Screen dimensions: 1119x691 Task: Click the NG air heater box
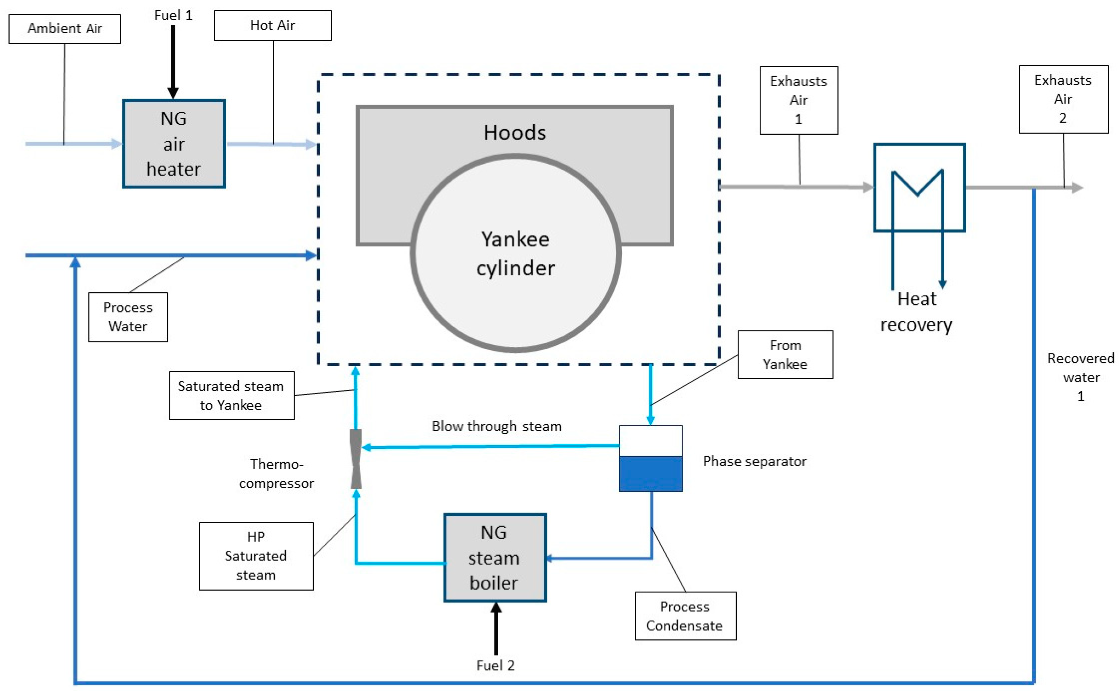174,144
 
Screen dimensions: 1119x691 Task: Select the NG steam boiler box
495,557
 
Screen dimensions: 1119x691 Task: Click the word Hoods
515,133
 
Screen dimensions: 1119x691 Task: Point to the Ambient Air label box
65,29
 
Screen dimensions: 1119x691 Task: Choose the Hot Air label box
273,25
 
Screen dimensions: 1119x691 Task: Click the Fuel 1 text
173,15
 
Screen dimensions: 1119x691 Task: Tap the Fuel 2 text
496,666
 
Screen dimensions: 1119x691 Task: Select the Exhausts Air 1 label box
799,100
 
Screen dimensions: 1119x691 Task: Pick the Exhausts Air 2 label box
1063,99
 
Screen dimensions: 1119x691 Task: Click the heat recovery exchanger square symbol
919,187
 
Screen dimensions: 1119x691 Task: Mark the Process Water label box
128,317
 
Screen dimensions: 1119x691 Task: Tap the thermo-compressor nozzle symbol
355,458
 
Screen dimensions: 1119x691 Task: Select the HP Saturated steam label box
256,556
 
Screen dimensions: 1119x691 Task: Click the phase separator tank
650,458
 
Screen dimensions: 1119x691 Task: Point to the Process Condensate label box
685,616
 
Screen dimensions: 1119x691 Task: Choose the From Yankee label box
785,355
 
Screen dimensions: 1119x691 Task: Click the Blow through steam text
497,426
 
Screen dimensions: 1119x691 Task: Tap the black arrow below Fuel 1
173,62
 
